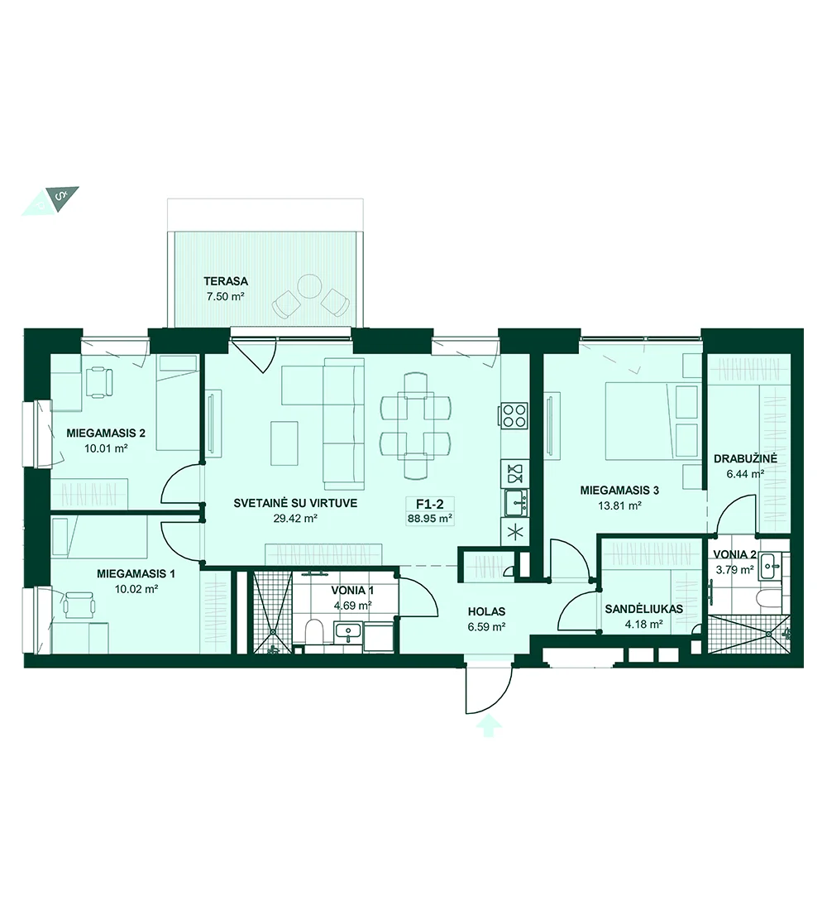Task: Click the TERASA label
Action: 225,281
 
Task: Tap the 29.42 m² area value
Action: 294,519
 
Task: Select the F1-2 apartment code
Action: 429,505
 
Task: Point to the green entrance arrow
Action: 489,726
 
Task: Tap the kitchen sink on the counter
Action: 514,503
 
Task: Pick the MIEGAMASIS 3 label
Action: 619,491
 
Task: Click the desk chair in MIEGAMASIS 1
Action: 79,606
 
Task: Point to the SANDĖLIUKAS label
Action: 643,610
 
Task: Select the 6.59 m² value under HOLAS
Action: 486,627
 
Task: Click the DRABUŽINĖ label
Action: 745,459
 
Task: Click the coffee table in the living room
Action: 284,443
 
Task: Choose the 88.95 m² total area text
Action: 429,519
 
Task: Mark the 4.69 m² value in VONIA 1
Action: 352,606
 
